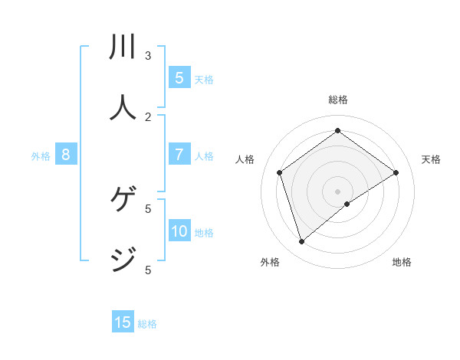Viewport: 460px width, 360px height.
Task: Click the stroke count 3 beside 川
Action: point(148,55)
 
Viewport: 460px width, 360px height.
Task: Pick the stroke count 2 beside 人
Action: point(148,116)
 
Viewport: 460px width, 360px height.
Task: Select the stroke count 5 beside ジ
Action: point(148,270)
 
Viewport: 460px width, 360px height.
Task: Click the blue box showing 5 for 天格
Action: point(179,78)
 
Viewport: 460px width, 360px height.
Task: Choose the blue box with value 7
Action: point(179,155)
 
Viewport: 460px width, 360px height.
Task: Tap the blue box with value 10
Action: point(179,231)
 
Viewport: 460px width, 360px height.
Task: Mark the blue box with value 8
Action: point(66,155)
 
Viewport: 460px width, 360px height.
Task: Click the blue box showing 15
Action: point(123,322)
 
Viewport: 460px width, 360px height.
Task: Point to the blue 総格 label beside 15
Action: point(147,324)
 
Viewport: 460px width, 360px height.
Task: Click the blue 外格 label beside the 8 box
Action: point(41,156)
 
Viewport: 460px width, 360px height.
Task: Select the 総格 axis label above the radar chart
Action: point(337,100)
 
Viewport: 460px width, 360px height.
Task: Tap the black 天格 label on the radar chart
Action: point(431,159)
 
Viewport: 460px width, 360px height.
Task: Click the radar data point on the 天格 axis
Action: point(396,172)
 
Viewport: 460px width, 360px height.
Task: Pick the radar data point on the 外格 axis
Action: point(302,242)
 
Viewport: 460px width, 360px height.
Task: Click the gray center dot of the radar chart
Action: point(337,191)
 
